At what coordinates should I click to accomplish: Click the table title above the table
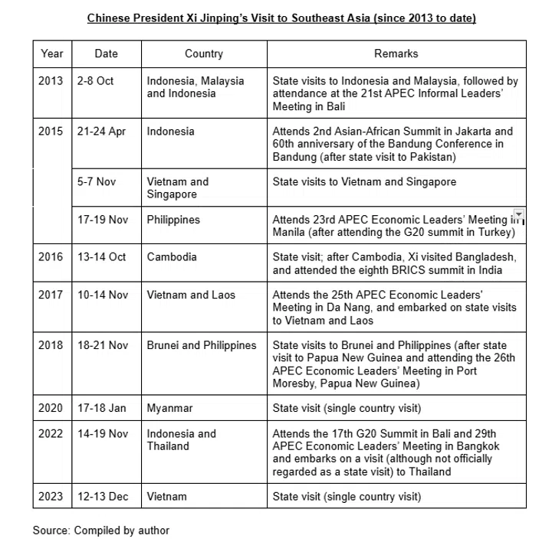281,18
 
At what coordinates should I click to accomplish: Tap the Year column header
51,54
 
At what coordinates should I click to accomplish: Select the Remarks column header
396,54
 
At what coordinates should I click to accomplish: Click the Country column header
203,54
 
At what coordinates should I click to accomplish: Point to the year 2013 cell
51,80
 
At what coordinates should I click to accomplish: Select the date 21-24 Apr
101,131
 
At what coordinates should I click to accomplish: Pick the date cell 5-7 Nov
97,181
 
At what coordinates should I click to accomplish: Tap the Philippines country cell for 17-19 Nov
173,220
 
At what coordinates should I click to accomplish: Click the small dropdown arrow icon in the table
519,214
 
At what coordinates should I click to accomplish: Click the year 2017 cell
51,295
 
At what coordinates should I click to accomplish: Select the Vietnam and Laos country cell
191,295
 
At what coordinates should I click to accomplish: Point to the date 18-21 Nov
102,345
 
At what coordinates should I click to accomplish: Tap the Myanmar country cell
169,408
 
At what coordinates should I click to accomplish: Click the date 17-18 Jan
101,408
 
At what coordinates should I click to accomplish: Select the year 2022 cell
51,433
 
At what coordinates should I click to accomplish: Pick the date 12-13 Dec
103,496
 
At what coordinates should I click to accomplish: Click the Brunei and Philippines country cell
202,345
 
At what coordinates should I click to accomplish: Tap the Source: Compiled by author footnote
100,530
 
